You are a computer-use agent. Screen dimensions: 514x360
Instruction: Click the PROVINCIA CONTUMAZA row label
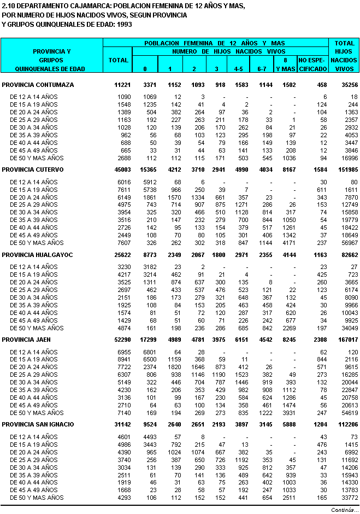click(x=38, y=85)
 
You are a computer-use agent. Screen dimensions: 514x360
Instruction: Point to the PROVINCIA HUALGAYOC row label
click(x=38, y=255)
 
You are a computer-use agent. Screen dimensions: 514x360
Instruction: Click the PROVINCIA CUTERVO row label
click(x=33, y=170)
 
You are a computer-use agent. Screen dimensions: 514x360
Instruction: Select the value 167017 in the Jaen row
click(x=345, y=340)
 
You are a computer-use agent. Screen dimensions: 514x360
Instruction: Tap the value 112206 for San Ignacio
click(x=345, y=424)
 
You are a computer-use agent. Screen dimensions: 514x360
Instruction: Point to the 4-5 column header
click(x=239, y=68)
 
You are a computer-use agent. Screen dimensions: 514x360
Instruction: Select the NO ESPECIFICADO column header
click(x=313, y=64)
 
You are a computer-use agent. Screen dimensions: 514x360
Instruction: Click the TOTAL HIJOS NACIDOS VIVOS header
click(x=345, y=56)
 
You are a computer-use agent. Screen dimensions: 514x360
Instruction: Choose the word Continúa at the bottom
click(x=343, y=510)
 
